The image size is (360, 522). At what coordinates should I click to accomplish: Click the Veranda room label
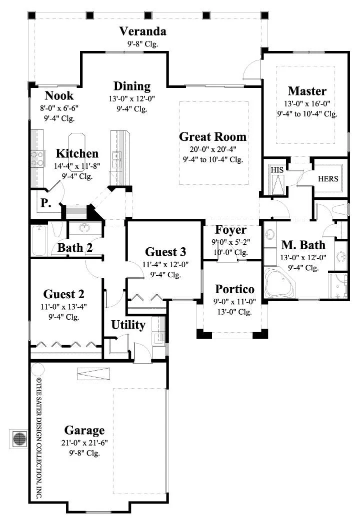click(142, 31)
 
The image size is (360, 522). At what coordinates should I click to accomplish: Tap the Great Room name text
click(212, 137)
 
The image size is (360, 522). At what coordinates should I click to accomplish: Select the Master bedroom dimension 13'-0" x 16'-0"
click(307, 103)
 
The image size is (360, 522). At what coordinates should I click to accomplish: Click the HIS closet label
click(277, 170)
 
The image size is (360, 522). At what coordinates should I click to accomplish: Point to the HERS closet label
click(328, 179)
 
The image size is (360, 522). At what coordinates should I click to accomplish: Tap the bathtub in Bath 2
click(39, 240)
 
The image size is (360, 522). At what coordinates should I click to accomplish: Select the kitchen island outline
click(77, 152)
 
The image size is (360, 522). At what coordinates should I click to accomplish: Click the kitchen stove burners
click(36, 159)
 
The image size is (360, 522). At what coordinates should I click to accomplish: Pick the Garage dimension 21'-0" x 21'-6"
click(84, 443)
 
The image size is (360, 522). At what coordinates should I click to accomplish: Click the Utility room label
click(128, 325)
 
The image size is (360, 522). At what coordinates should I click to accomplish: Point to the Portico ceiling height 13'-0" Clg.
click(234, 312)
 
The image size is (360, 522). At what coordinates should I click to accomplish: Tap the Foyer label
click(230, 230)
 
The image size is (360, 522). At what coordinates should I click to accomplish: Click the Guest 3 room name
click(165, 252)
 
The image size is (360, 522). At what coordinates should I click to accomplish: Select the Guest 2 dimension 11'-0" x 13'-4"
click(63, 307)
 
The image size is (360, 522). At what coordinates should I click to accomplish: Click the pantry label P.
click(46, 203)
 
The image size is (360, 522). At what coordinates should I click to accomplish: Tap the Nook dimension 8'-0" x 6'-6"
click(59, 108)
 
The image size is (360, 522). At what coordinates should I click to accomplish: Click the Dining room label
click(132, 86)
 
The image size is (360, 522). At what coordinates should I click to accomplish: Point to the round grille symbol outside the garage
click(19, 439)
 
